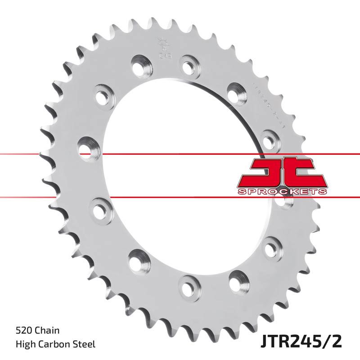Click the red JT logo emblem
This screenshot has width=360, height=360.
(282, 171)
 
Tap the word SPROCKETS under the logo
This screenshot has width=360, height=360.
(282, 192)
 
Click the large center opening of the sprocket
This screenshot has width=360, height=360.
(180, 180)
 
